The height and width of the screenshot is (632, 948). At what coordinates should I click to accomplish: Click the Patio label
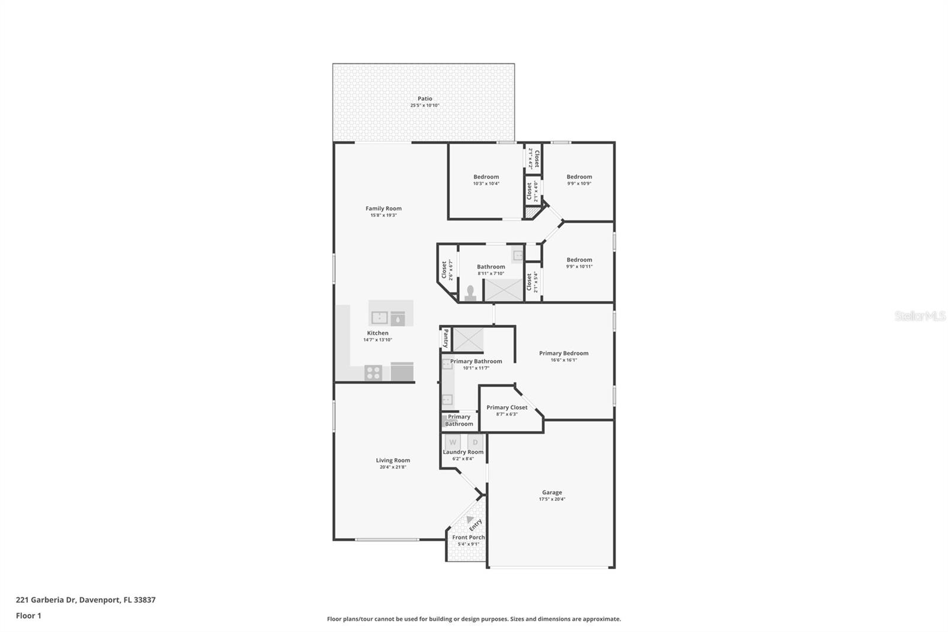point(424,98)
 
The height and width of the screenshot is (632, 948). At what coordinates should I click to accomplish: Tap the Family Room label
point(383,208)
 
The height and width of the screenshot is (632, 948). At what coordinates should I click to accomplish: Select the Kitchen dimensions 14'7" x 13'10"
point(377,340)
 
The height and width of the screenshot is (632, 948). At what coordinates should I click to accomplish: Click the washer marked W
point(453,442)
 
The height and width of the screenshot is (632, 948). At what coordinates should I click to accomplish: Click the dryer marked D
point(475,442)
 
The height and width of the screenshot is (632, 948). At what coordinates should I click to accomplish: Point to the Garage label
point(552,492)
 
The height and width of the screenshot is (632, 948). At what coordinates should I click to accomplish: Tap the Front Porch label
point(468,537)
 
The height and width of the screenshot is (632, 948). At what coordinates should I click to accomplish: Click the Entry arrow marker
point(470,519)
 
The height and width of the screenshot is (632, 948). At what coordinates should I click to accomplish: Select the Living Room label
point(393,460)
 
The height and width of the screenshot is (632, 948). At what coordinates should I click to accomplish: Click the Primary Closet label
point(507,407)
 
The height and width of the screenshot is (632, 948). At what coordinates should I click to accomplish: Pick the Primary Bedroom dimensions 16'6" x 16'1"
point(563,360)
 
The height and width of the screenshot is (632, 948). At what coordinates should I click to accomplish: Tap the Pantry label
point(446,339)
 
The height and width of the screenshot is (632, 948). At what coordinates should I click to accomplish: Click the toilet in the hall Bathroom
point(470,293)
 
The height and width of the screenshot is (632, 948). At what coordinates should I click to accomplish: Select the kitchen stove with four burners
point(373,373)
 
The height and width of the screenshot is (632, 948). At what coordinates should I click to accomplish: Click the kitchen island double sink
point(379,318)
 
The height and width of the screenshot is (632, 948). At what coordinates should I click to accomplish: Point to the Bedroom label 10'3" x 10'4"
point(486,177)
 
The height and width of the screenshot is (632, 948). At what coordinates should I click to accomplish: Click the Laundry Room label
point(463,452)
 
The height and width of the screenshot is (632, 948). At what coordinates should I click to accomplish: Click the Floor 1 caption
point(28,615)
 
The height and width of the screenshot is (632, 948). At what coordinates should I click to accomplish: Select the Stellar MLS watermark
point(920,316)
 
